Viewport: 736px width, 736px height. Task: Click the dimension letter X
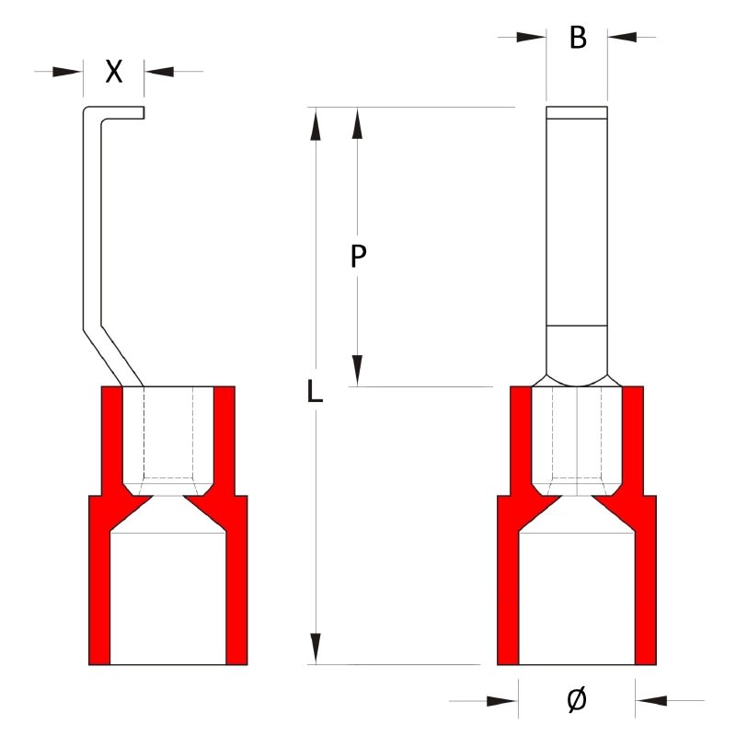pyautogui.click(x=113, y=72)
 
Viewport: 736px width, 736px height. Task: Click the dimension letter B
pyautogui.click(x=577, y=38)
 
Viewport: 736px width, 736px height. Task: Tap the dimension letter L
pyautogui.click(x=315, y=394)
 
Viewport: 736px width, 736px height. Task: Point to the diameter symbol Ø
pyautogui.click(x=576, y=701)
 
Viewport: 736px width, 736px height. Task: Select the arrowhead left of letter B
pyautogui.click(x=531, y=38)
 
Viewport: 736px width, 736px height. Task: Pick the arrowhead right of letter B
pyautogui.click(x=622, y=38)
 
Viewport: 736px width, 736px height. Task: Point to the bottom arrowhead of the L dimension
pyautogui.click(x=316, y=647)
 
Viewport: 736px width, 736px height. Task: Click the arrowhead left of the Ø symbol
pyautogui.click(x=502, y=702)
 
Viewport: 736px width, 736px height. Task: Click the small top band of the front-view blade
pyautogui.click(x=577, y=113)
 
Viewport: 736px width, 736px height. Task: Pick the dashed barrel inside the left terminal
pyautogui.click(x=167, y=432)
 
